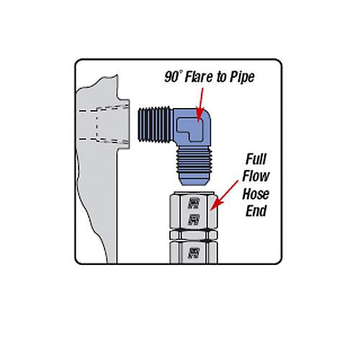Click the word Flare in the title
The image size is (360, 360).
coord(199,77)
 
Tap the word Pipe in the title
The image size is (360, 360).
coord(242,78)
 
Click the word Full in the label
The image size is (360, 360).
coord(256,159)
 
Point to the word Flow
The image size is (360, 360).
coord(256,176)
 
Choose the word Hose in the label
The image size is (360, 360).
coord(256,194)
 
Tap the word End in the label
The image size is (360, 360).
coord(256,211)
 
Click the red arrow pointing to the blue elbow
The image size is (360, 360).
coord(200,105)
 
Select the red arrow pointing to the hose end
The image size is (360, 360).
coord(224,196)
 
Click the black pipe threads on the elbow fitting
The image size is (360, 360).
coord(155,125)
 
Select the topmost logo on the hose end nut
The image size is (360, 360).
coord(194,203)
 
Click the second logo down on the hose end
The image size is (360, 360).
coord(194,220)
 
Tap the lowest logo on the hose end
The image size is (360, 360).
coord(194,253)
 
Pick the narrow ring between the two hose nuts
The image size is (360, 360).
coord(194,235)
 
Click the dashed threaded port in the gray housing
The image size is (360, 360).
coord(104,125)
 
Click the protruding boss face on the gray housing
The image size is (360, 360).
coord(124,124)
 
